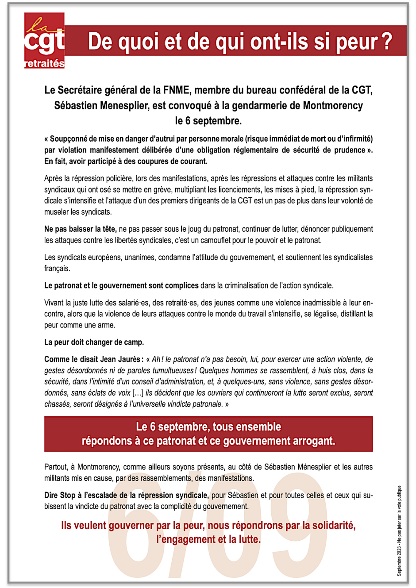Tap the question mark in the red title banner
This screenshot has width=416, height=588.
386,42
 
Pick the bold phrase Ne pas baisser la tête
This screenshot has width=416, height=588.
80,229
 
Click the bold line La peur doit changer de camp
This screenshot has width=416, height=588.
94,342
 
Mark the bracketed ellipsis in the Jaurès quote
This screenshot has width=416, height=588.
138,393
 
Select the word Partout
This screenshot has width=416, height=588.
57,467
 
